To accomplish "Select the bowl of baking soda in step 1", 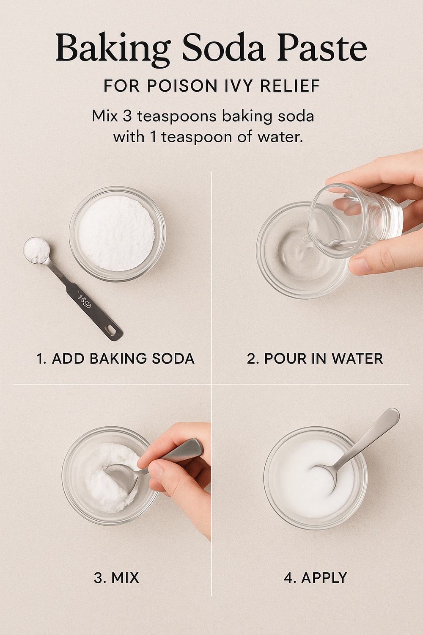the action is [x=117, y=234].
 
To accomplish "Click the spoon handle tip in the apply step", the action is [x=394, y=414].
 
